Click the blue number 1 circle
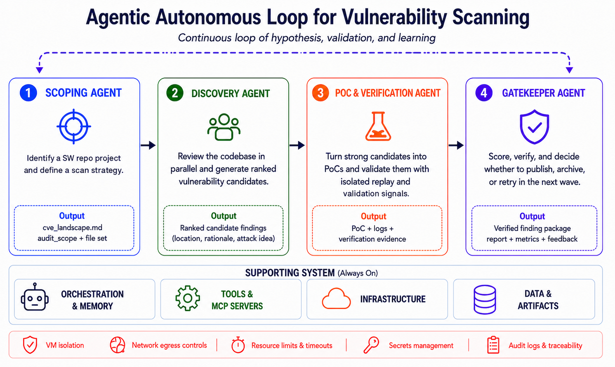[x=28, y=93]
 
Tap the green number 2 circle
[x=175, y=93]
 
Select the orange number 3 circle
[x=320, y=93]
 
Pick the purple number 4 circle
[x=484, y=93]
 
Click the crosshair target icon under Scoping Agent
[x=74, y=126]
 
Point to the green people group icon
[x=224, y=127]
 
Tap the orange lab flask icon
[x=378, y=126]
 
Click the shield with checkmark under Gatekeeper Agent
[x=534, y=127]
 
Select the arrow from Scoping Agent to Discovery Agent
[x=148, y=145]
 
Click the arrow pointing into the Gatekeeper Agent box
[x=456, y=145]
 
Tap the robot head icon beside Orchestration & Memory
[x=35, y=297]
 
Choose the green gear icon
[x=188, y=298]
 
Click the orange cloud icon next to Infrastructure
[x=336, y=299]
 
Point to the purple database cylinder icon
[x=485, y=300]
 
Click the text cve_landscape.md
[x=73, y=227]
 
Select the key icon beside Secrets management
[x=371, y=345]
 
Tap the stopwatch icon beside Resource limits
[x=238, y=345]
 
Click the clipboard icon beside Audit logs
[x=493, y=345]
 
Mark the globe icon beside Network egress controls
[x=118, y=345]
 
